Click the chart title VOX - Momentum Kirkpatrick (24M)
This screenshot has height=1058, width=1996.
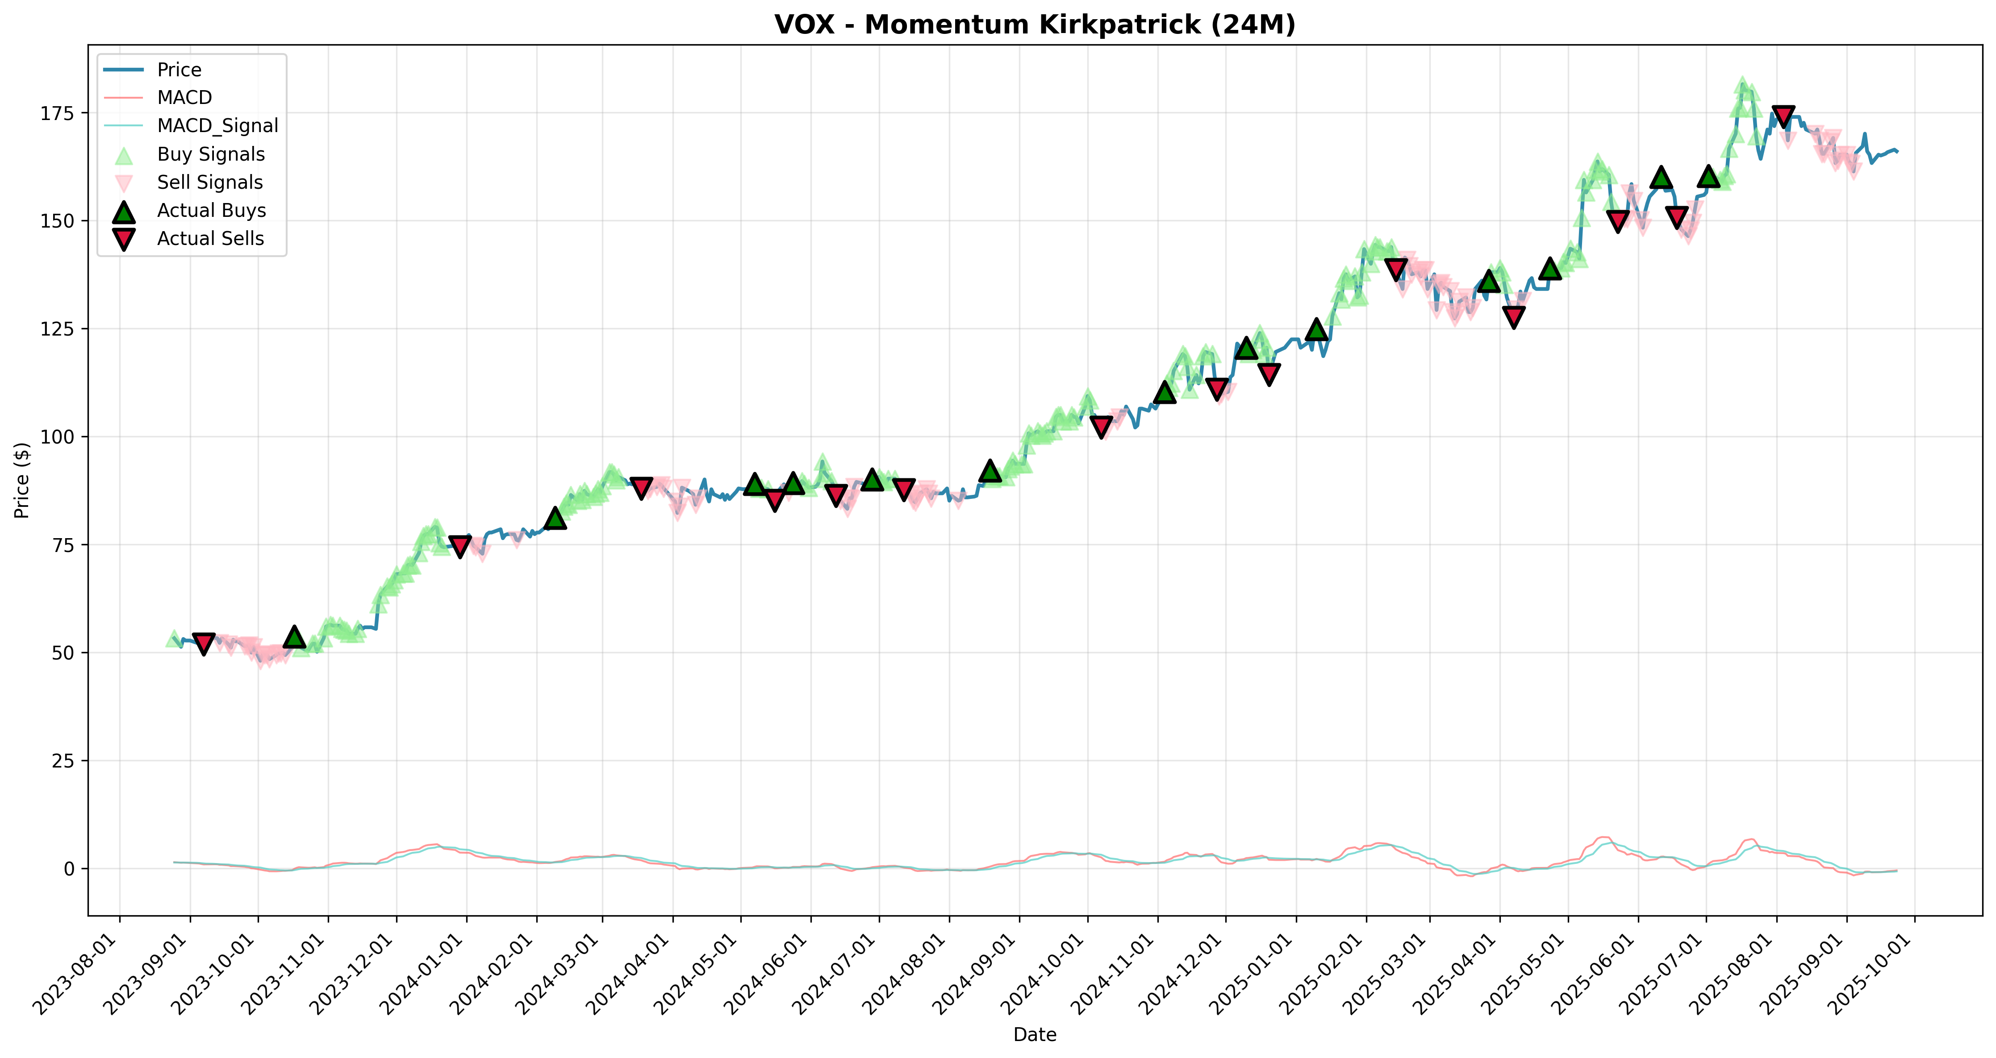pos(1035,25)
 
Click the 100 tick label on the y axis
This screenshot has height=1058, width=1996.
pos(60,437)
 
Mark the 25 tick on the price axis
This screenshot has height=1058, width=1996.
pos(65,760)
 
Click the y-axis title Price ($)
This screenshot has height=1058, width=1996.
pos(22,480)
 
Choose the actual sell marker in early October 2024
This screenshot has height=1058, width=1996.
pos(1101,427)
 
